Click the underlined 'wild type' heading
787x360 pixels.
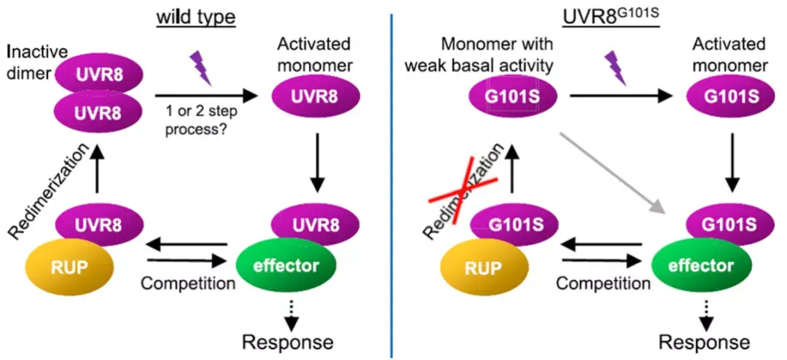[196, 15]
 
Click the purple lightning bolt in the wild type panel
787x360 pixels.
[200, 68]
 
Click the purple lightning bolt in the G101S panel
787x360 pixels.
[616, 68]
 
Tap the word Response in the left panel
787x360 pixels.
[287, 341]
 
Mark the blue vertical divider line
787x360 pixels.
[391, 182]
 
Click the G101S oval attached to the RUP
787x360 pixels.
[511, 222]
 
